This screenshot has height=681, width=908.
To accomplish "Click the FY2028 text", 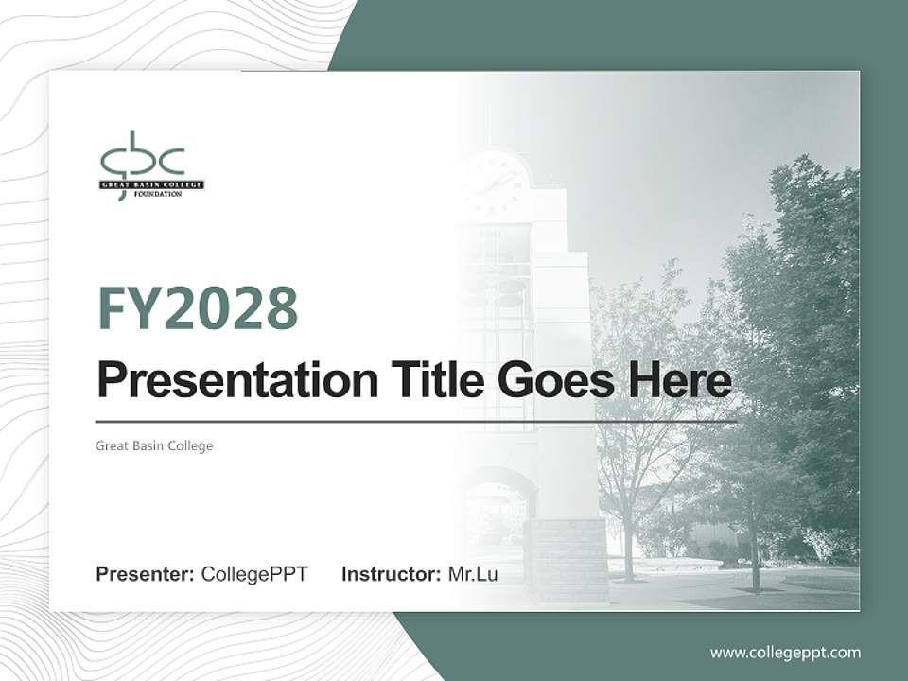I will [198, 308].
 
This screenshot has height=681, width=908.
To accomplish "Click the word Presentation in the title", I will [237, 381].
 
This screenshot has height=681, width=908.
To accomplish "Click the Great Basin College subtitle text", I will [154, 445].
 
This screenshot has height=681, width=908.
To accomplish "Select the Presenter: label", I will [146, 574].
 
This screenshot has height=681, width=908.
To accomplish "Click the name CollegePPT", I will [254, 574].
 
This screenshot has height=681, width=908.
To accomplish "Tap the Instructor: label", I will [392, 574].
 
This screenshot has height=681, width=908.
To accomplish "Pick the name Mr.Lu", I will [473, 574].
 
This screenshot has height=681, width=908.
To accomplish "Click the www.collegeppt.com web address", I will [785, 652].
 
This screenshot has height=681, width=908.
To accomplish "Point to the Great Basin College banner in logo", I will [152, 184].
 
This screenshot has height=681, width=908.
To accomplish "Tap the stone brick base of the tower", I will [567, 558].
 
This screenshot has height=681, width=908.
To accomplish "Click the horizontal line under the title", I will [416, 422].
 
